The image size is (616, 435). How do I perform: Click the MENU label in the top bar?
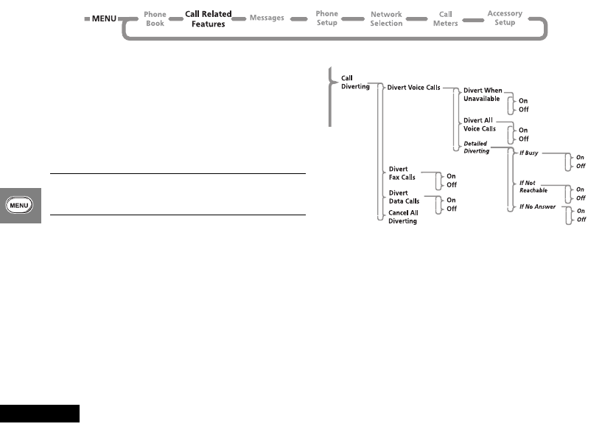[104, 18]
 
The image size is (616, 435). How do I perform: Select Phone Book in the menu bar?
[155, 18]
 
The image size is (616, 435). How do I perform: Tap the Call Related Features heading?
[208, 18]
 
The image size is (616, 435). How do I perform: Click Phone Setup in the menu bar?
[326, 18]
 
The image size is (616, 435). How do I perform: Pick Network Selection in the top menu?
[386, 18]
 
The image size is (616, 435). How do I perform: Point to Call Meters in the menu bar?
[445, 18]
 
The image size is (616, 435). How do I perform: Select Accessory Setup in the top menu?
[505, 18]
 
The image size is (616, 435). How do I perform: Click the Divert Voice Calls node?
[413, 87]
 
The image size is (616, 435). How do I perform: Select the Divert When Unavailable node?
[483, 94]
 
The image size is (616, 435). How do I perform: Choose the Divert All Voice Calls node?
[479, 125]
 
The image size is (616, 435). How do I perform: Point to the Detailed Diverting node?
[476, 147]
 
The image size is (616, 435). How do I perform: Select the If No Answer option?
[537, 206]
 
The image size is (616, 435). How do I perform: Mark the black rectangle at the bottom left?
[40, 413]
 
